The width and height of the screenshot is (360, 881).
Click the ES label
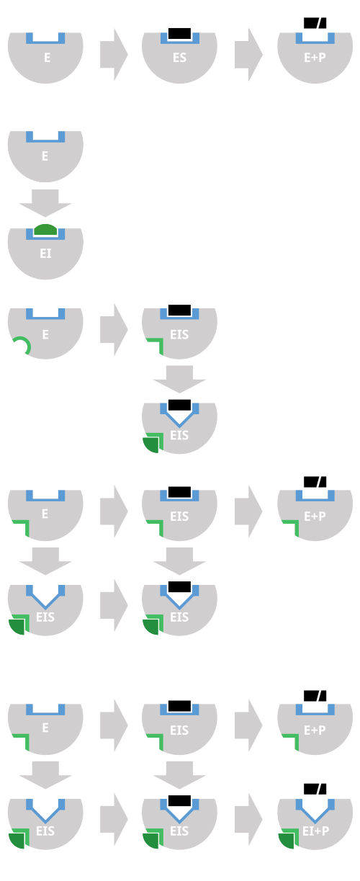(179, 58)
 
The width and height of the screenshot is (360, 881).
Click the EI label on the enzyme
(45, 254)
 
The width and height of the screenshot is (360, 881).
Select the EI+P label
(315, 831)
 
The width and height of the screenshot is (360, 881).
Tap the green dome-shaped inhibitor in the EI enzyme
(45, 230)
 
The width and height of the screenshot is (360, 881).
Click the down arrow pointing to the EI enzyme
(45, 203)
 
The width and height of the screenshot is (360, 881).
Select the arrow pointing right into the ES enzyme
(114, 55)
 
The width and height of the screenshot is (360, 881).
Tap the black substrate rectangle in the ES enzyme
(179, 33)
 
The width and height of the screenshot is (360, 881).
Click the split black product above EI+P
(315, 789)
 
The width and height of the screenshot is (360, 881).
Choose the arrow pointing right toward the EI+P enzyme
(248, 819)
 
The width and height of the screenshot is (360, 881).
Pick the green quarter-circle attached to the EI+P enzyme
(288, 841)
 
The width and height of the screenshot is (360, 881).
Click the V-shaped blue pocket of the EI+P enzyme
(315, 811)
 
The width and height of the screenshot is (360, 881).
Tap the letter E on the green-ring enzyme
(45, 335)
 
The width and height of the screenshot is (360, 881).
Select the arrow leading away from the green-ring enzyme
(114, 330)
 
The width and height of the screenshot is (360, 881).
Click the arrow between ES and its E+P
(248, 55)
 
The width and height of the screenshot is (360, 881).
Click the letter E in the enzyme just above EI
(45, 156)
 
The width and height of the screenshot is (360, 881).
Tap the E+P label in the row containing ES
(315, 58)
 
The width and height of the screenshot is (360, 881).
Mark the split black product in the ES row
(315, 23)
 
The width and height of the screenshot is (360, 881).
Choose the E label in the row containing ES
(48, 58)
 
